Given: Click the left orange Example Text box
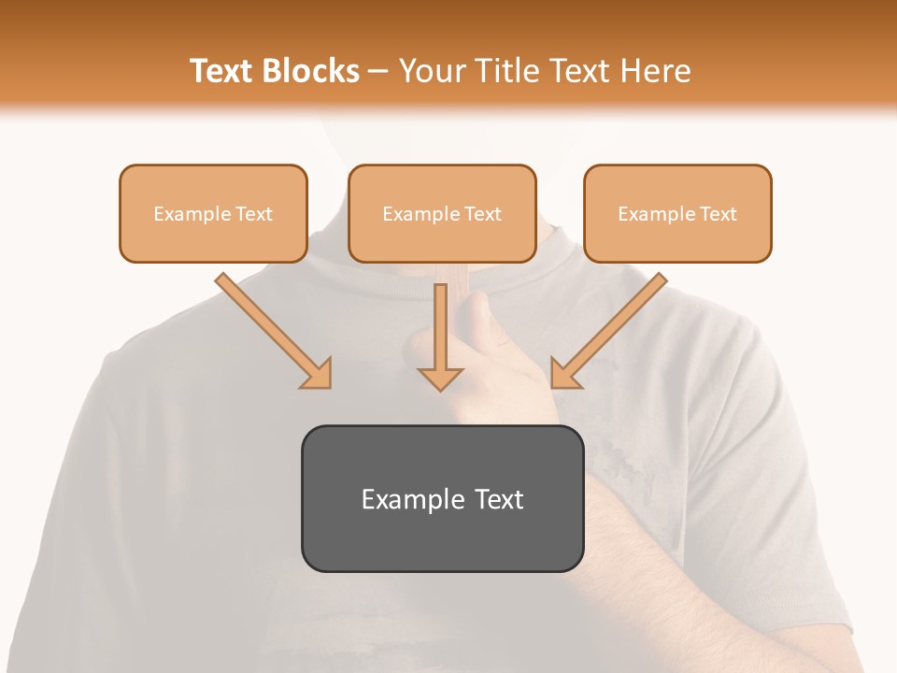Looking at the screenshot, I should coord(213,213).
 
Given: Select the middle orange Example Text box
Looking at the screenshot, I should coord(442,213).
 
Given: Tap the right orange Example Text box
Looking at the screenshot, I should coord(677,213).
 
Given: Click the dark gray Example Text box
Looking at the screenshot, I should coord(442,498).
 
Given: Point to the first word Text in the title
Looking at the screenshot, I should coord(221,71).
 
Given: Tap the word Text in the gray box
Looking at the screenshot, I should coord(499,499).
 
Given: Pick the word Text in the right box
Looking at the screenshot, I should coord(719,214).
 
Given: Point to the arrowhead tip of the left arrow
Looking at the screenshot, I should coord(328,385).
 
